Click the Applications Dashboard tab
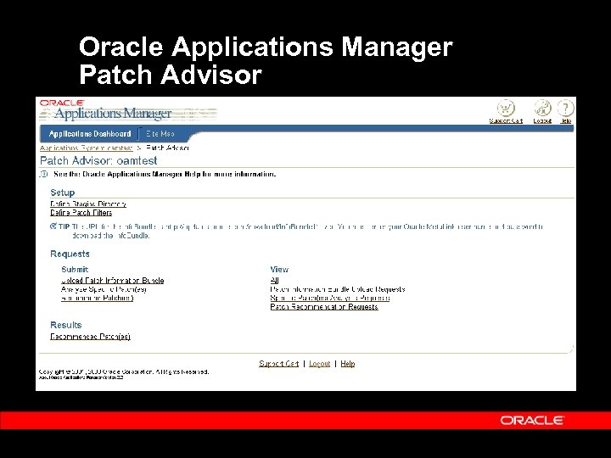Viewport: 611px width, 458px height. pos(90,134)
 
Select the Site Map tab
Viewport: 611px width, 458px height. pos(160,134)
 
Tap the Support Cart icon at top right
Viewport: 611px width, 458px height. pos(506,109)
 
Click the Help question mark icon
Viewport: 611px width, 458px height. pos(565,109)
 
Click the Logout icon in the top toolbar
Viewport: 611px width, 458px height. pos(542,109)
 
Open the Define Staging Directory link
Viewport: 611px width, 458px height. pos(88,204)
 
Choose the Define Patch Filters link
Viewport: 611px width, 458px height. pos(81,213)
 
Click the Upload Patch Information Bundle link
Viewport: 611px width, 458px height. pos(112,280)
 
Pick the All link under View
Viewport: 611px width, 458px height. pos(274,280)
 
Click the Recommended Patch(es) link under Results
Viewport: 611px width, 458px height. pos(90,337)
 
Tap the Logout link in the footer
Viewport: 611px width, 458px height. pos(320,364)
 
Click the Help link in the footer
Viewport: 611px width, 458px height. pos(348,364)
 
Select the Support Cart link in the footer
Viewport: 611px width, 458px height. pos(278,364)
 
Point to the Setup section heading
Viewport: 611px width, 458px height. pos(62,193)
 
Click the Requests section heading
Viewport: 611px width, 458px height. pos(70,254)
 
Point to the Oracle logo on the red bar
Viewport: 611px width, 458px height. pos(532,420)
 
